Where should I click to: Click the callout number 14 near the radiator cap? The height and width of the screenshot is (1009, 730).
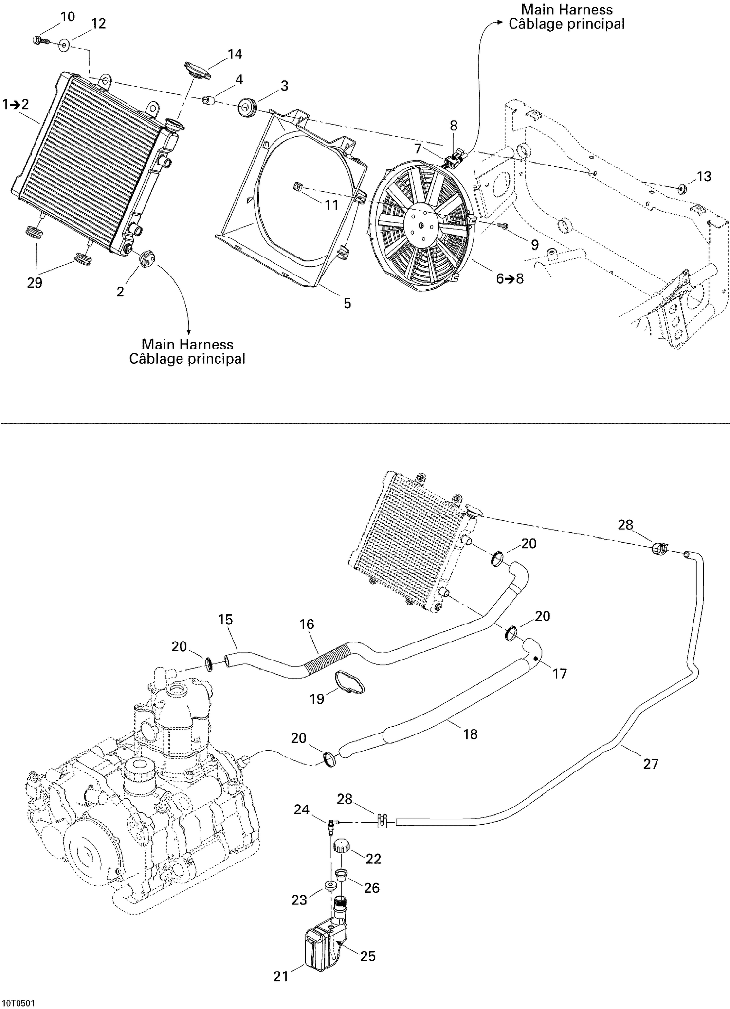coord(235,54)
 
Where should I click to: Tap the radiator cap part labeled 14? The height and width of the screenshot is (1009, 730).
coord(197,70)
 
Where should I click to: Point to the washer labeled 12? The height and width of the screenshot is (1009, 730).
coord(64,46)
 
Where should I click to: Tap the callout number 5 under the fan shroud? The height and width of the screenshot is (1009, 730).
coord(347,303)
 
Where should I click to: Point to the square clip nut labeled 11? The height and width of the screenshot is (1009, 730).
coord(298,185)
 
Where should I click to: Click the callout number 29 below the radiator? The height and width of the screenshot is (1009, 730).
coord(35,283)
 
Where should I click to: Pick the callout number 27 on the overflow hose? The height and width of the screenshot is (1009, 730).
coord(651,764)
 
